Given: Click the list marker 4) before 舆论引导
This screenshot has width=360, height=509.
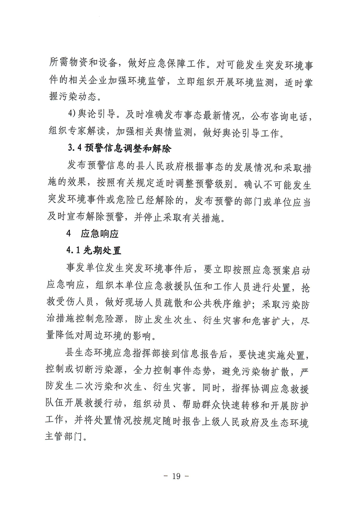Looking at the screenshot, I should (x=72, y=116).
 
